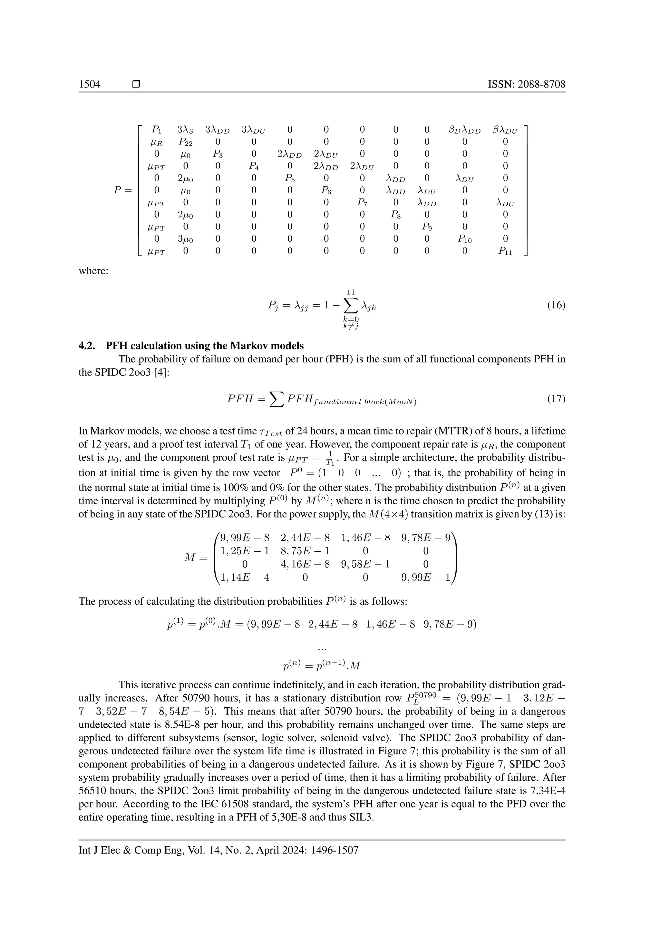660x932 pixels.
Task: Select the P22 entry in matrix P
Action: click(x=185, y=142)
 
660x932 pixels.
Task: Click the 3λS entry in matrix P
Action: click(x=185, y=130)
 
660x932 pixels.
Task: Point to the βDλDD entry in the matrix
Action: click(x=464, y=130)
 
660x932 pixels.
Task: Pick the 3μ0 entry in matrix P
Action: click(x=185, y=239)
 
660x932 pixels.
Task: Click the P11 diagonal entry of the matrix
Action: click(x=505, y=251)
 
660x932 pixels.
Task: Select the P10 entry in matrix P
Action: click(x=464, y=239)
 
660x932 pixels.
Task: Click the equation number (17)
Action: click(x=556, y=399)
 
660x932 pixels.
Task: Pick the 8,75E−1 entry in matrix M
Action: click(x=305, y=551)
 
